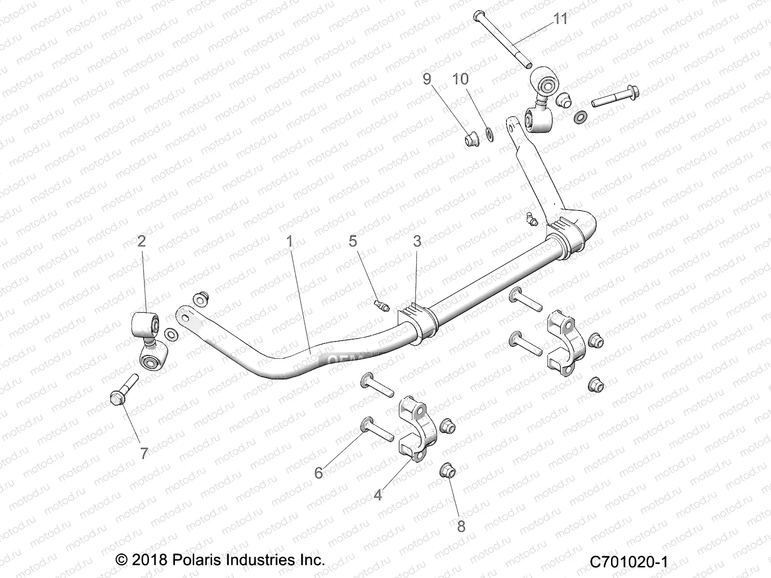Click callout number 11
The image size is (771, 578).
pos(560,19)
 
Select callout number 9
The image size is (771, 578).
pos(427,79)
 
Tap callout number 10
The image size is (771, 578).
pos(461,79)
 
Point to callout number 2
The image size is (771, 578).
pos(141,241)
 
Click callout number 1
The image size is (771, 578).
pos(290,241)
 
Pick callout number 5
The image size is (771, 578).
pos(353,241)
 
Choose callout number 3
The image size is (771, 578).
pos(417,241)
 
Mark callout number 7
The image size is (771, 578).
pos(144,453)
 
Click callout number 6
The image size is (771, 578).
pos(319,473)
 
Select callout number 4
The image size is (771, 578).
pos(378,495)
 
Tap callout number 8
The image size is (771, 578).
pos(461,526)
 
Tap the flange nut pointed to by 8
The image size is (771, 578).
pos(447,471)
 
